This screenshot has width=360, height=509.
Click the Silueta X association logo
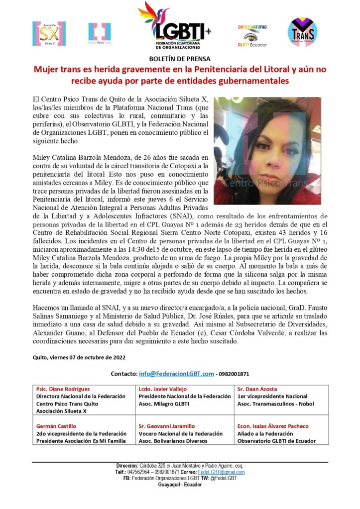[49, 33]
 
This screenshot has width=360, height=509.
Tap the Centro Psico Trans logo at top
[100, 33]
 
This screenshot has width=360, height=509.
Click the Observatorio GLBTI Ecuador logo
[252, 35]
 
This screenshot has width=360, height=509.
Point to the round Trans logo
[303, 32]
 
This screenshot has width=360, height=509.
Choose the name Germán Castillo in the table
[56, 426]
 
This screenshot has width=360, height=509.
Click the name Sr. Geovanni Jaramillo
[167, 426]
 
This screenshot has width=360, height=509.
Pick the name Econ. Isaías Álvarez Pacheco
[273, 426]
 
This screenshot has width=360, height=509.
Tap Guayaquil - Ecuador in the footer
[180, 484]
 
